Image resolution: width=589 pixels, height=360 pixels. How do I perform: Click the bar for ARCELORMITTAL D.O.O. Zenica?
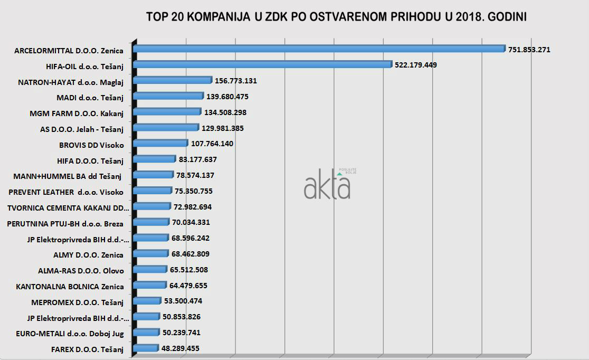319,49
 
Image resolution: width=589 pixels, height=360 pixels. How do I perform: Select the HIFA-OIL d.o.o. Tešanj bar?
262,65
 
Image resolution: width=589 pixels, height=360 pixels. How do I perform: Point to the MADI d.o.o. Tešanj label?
90,97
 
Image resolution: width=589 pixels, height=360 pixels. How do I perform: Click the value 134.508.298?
225,112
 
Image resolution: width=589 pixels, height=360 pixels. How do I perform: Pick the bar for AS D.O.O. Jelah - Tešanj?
166,128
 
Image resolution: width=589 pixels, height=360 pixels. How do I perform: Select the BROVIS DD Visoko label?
91,145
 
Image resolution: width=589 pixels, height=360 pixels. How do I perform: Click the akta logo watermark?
327,185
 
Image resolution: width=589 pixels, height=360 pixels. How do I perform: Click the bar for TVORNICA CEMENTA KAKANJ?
152,207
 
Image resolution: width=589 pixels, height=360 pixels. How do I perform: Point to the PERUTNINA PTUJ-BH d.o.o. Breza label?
65,223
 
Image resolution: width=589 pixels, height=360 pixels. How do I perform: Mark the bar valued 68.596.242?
150,239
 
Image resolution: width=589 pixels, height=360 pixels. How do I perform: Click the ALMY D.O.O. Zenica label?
88,255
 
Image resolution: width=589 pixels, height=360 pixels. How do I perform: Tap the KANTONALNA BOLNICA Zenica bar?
150,286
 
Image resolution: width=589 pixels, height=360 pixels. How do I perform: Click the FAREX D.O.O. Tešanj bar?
145,348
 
